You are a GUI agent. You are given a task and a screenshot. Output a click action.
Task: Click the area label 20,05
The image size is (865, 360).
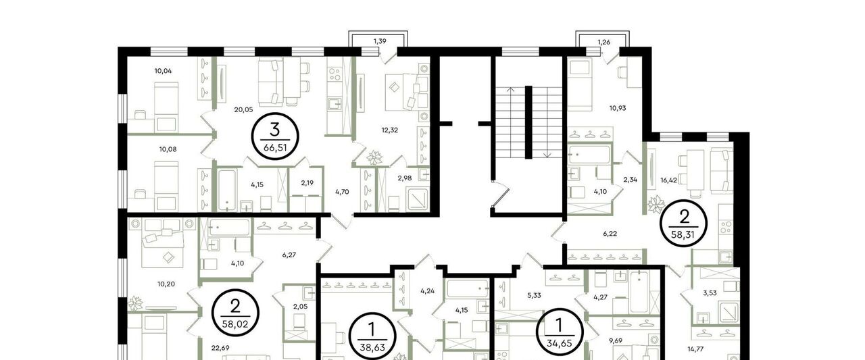(x=243, y=109)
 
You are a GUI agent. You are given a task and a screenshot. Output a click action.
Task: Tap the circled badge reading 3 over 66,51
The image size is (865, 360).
(x=275, y=136)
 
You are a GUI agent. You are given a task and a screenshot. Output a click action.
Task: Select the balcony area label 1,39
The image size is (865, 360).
(x=380, y=41)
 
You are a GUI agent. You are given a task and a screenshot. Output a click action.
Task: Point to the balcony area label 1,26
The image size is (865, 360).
(x=604, y=42)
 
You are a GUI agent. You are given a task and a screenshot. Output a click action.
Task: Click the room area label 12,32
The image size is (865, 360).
(x=390, y=130)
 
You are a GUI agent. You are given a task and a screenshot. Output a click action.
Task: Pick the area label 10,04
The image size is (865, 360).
(x=163, y=71)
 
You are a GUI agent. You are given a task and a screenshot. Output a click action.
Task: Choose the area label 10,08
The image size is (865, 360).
(x=168, y=149)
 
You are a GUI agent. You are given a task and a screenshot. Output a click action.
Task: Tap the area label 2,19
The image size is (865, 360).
(x=307, y=183)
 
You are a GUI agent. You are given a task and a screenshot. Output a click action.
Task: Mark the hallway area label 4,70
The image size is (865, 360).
(x=342, y=191)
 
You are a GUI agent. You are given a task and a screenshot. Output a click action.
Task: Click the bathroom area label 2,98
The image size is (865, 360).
(x=405, y=178)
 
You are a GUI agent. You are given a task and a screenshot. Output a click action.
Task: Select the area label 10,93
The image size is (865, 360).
(x=618, y=108)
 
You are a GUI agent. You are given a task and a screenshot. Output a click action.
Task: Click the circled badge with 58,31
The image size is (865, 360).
(x=684, y=224)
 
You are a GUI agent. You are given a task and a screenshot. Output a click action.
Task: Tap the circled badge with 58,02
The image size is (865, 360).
(x=235, y=313)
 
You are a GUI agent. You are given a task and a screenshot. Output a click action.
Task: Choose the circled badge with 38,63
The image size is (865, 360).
(x=372, y=336)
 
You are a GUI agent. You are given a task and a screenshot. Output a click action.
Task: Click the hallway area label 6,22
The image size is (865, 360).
(x=610, y=234)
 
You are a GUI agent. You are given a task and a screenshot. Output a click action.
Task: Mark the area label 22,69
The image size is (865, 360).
(x=220, y=348)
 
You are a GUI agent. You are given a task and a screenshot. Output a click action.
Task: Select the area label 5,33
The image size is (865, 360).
(x=534, y=295)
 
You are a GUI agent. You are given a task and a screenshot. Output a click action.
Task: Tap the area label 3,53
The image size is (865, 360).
(x=710, y=293)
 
